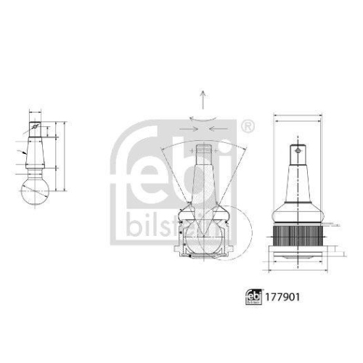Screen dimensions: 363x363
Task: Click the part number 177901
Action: [287, 298]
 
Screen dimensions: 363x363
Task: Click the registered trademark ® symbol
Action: [247, 127]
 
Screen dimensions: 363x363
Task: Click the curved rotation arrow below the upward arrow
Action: [203, 118]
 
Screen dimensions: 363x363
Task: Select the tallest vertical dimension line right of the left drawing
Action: [65, 156]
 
